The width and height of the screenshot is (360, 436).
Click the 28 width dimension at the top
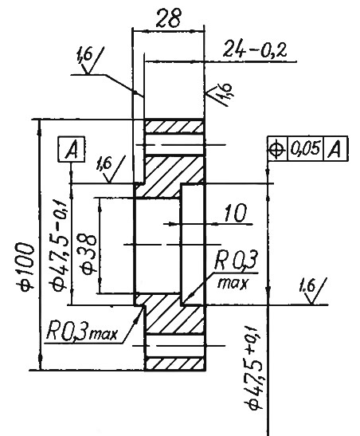coord(168,18)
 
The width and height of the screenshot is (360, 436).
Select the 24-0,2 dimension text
coord(255,49)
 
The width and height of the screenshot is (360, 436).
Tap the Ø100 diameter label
coord(27,266)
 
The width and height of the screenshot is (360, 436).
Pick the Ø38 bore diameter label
coord(88,254)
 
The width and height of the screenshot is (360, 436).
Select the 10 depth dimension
coord(235,214)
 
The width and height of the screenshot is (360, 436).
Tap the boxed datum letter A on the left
coord(72,149)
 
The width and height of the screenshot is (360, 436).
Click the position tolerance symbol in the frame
coord(276,149)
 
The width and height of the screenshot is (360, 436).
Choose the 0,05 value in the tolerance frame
coord(305,148)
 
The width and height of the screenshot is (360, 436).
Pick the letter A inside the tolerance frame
coord(335,149)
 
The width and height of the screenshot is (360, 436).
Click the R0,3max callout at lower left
coord(82,331)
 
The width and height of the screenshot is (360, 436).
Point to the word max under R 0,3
coord(233,283)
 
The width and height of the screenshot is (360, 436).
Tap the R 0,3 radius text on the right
coord(236,261)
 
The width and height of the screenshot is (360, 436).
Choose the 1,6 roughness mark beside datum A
coord(111,169)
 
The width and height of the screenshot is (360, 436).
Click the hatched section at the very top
coord(174,126)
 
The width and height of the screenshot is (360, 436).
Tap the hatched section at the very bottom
coord(174,363)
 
